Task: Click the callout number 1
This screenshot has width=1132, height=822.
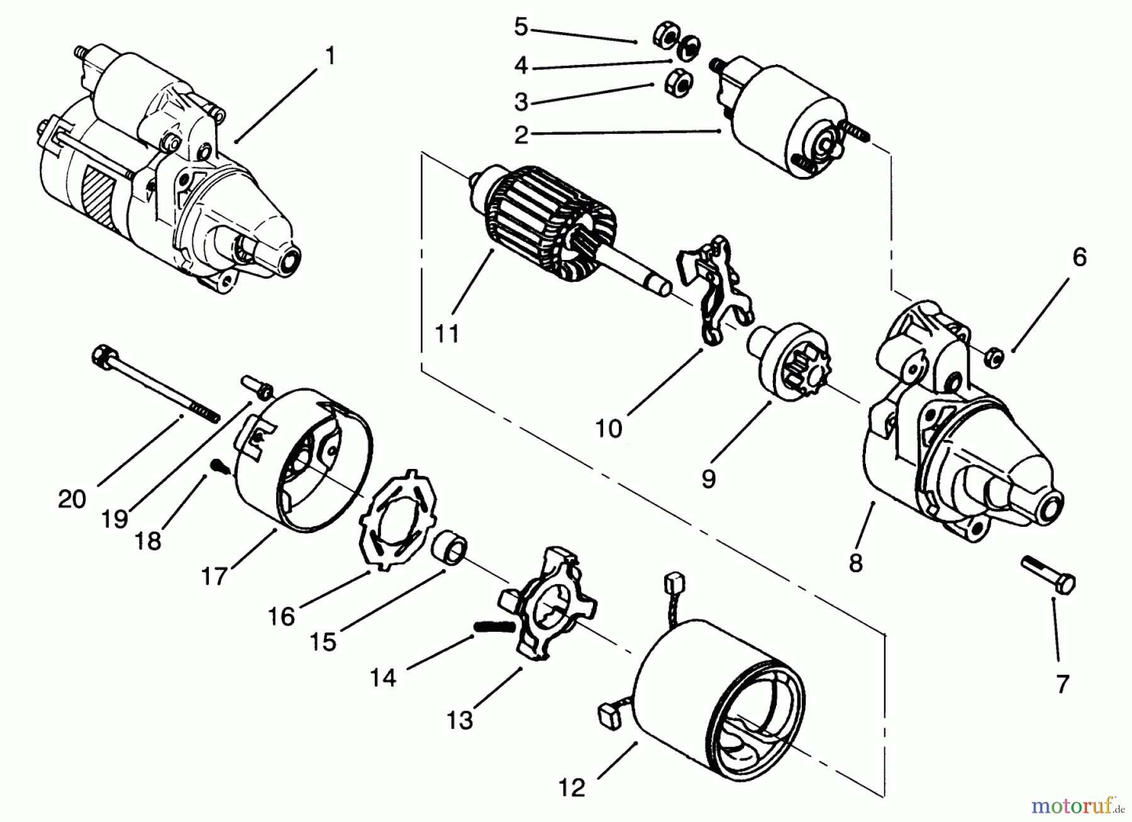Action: click(330, 56)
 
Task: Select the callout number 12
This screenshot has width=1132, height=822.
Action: click(572, 787)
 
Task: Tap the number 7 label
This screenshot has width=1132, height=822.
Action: click(1062, 684)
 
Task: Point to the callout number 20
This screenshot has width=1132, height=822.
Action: click(71, 499)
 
